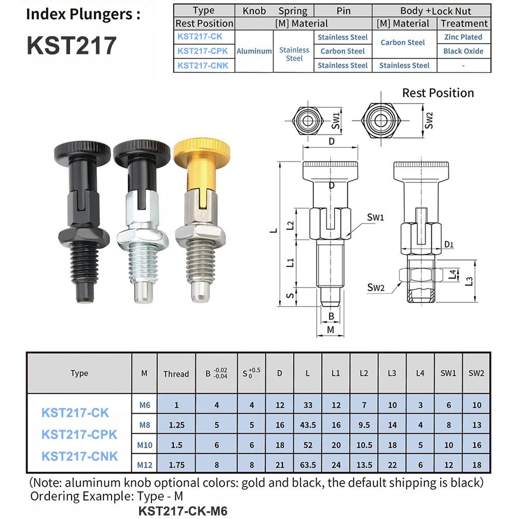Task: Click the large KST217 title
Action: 72,46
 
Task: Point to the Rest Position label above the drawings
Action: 438,93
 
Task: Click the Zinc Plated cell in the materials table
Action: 463,37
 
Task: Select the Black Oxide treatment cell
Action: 463,51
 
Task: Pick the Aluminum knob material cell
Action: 254,51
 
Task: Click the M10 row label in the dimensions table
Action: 144,445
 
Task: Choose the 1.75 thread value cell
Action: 176,465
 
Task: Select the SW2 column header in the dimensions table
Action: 476,373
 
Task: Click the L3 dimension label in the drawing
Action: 469,281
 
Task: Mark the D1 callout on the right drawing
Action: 449,244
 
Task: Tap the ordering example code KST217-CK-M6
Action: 183,510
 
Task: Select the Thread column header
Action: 176,374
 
